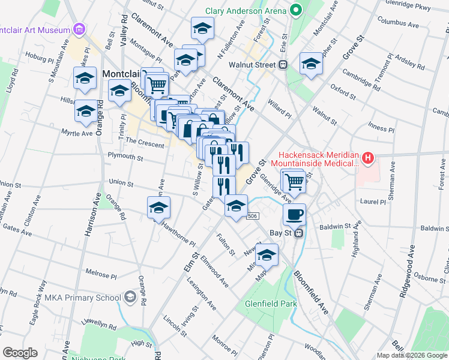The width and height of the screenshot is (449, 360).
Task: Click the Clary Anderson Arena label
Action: pos(245,11)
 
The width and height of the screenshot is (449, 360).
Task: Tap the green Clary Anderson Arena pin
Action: pos(295,10)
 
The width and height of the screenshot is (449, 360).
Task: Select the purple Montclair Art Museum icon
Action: pos(79,29)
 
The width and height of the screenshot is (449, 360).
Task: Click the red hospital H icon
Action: pos(367,159)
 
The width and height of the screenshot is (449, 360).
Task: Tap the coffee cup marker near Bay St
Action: pos(294,214)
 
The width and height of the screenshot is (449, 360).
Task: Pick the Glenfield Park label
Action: pos(271,304)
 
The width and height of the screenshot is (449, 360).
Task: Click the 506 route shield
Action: pos(253,216)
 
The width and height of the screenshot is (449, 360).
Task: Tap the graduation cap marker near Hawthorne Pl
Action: pos(158,208)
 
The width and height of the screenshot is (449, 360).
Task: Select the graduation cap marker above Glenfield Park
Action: pos(268,254)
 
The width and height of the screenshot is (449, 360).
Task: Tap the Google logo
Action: pos(20,353)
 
